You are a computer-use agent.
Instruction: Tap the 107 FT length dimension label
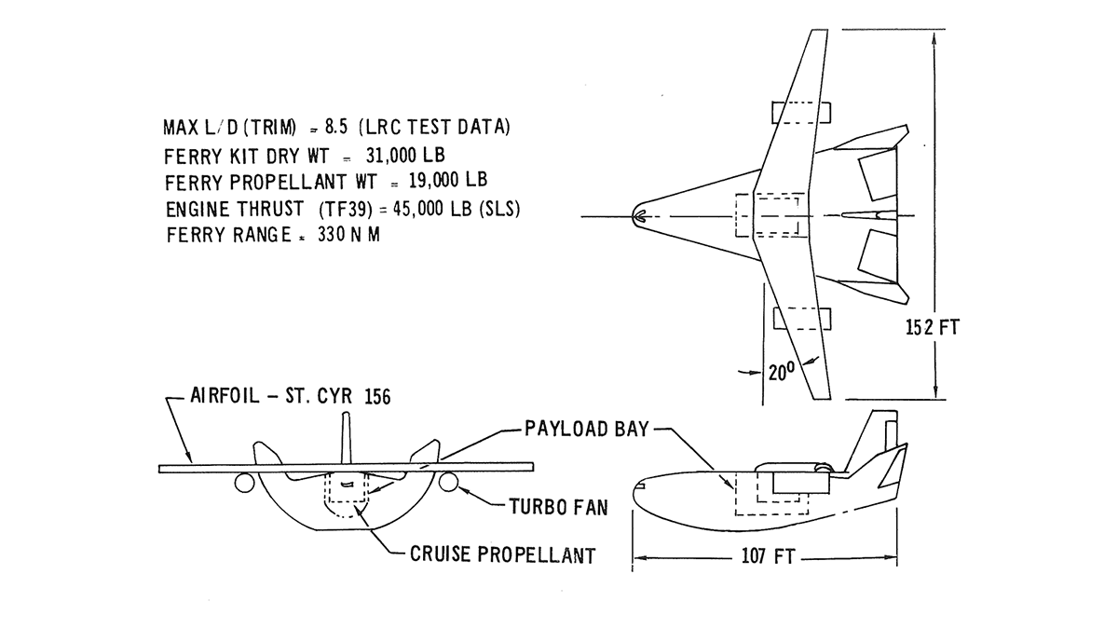pyautogui.click(x=766, y=557)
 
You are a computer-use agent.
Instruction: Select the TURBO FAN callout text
pyautogui.click(x=557, y=508)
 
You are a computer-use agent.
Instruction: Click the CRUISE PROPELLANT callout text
pyautogui.click(x=502, y=555)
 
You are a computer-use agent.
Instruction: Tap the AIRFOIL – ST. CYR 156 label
pyautogui.click(x=290, y=396)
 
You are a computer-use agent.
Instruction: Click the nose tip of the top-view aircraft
pyautogui.click(x=636, y=217)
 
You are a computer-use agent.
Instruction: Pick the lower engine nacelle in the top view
pyautogui.click(x=801, y=319)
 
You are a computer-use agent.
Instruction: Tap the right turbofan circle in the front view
pyautogui.click(x=448, y=482)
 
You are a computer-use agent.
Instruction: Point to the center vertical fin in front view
pyautogui.click(x=347, y=438)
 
